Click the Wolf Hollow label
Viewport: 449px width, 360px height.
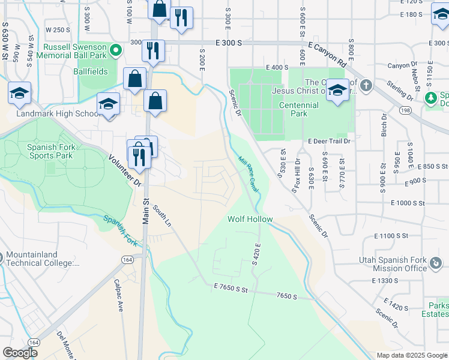250,220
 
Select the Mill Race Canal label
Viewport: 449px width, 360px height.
249,175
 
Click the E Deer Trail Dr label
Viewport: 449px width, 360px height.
328,141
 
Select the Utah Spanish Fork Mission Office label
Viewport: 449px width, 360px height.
393,264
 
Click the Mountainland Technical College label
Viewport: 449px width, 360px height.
42,259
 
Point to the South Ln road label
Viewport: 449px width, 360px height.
162,215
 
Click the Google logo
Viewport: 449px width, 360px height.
20,352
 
